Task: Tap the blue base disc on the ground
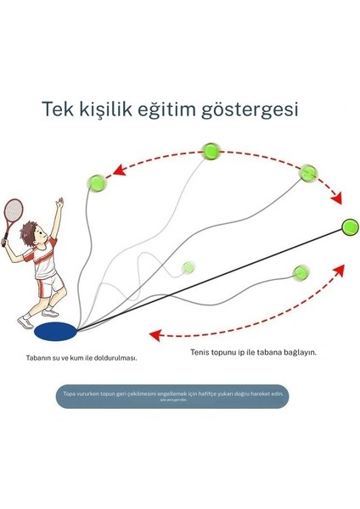click(53, 326)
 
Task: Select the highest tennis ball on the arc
click(211, 152)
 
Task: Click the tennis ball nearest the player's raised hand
click(98, 182)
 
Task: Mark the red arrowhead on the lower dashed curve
click(153, 333)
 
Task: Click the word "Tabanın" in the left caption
click(40, 357)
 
